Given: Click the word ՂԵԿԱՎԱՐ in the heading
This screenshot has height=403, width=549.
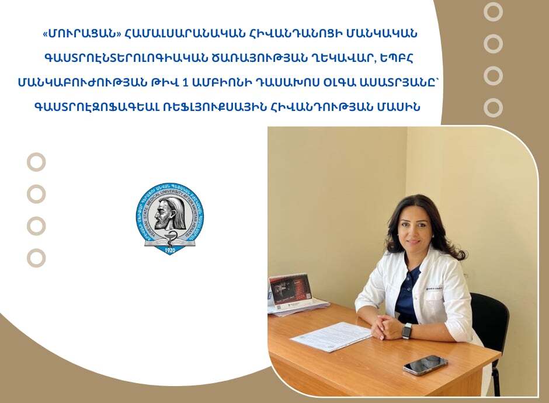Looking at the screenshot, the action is click(337, 58).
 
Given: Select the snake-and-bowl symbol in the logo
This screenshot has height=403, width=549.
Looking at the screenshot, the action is click(170, 235).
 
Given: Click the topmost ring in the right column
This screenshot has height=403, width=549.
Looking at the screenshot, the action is click(493, 12).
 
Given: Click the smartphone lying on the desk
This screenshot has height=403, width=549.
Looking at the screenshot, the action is click(425, 365).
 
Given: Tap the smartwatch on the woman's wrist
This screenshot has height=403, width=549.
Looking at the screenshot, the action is click(407, 331).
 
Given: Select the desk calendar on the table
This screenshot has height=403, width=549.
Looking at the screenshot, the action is click(290, 289).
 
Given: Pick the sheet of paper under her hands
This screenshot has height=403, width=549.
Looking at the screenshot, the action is click(331, 336).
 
